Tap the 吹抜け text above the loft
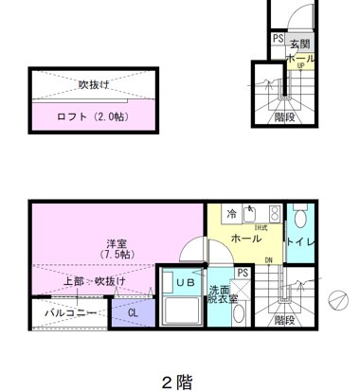click(x=94, y=83)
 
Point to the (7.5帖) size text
click(x=115, y=255)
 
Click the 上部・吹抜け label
click(x=95, y=281)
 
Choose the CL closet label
click(x=133, y=311)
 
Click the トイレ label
click(x=300, y=242)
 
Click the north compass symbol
click(x=337, y=299)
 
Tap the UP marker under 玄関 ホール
click(x=300, y=66)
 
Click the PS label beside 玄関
click(x=278, y=39)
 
